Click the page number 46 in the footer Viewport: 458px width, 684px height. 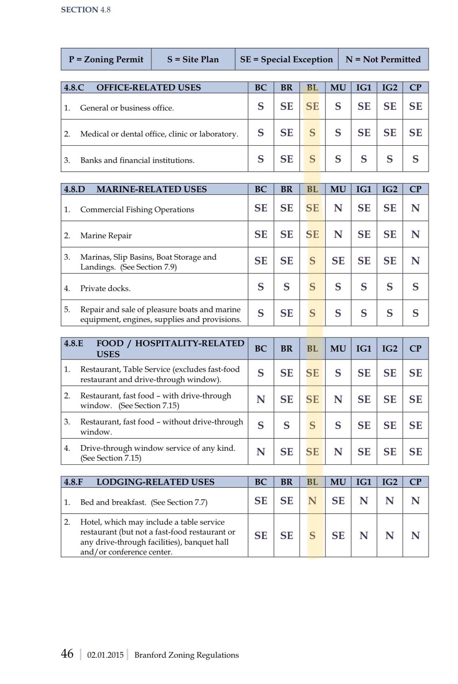point(67,654)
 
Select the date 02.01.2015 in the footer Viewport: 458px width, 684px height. point(105,655)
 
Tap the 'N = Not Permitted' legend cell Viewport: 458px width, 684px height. point(383,60)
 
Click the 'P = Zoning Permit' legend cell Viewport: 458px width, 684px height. point(106,60)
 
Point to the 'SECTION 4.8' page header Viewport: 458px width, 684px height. point(86,10)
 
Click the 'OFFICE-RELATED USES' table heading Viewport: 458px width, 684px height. point(149,88)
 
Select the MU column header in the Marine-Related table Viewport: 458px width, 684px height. point(338,189)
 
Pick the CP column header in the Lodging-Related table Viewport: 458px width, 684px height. point(415,482)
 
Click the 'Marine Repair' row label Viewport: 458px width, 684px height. point(106,235)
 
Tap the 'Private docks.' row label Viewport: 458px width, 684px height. point(105,288)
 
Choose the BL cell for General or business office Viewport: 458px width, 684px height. point(312,106)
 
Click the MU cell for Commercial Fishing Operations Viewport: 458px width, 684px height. point(338,208)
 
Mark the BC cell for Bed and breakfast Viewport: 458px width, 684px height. point(261,501)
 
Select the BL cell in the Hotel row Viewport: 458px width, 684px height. point(312,536)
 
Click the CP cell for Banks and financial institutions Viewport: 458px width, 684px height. point(415,159)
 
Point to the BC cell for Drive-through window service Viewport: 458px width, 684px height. point(261,452)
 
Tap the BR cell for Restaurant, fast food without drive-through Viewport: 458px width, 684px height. point(286,425)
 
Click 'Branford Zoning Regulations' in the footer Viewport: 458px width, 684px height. point(186,655)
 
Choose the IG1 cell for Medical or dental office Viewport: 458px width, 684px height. point(364,133)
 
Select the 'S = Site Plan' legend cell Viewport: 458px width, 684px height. point(193,60)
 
